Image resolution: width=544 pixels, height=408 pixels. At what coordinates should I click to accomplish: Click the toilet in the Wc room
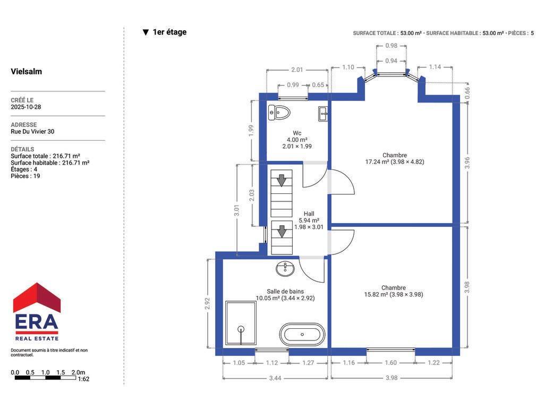click(279, 113)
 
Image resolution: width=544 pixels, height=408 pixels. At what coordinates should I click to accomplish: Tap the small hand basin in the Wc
click(323, 114)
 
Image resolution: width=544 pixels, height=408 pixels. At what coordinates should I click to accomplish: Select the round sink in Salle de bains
click(285, 268)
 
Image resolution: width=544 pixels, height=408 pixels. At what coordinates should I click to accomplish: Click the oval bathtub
click(302, 335)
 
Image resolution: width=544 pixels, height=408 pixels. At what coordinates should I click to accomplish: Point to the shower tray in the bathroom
click(241, 323)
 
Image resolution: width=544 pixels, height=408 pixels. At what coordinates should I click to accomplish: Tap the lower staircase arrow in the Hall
click(282, 232)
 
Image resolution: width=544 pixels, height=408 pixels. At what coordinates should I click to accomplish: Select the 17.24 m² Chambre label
click(395, 158)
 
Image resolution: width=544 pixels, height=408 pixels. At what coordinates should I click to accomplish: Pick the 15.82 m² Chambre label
click(394, 291)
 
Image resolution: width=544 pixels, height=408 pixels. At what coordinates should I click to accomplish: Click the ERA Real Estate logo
click(37, 311)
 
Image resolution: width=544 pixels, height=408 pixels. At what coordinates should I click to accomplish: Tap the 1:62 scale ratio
click(83, 379)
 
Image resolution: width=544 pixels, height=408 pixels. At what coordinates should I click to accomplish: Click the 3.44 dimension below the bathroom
click(275, 378)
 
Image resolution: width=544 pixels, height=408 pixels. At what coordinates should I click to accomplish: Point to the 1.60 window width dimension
click(390, 362)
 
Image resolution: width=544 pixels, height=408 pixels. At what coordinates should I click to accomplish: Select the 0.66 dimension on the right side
click(467, 93)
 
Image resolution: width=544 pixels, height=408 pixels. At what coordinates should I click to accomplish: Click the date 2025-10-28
click(25, 107)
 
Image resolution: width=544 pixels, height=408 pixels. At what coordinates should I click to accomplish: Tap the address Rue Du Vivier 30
click(32, 132)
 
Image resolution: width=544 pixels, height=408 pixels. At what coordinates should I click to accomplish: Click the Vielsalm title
click(27, 72)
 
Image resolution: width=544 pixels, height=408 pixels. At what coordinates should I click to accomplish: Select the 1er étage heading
click(165, 32)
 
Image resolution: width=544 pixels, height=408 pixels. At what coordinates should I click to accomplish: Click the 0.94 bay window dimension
click(391, 61)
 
